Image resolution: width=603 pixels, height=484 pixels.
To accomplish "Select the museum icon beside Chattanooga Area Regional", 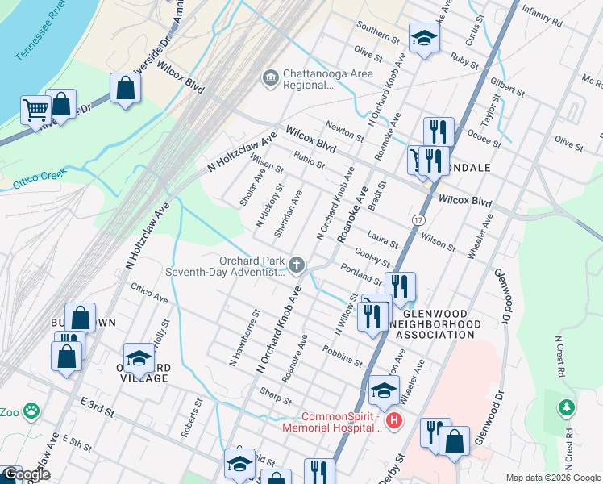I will click(x=269, y=78).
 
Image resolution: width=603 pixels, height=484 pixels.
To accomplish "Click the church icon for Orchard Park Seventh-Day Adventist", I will click(x=297, y=265).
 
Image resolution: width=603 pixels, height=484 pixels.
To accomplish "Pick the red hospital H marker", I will click(x=394, y=420).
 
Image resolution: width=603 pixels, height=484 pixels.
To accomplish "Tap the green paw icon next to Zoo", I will click(x=31, y=411).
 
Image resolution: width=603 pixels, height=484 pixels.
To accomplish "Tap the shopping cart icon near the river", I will click(x=35, y=109).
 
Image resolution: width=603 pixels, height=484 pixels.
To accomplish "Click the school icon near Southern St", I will click(x=424, y=38).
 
